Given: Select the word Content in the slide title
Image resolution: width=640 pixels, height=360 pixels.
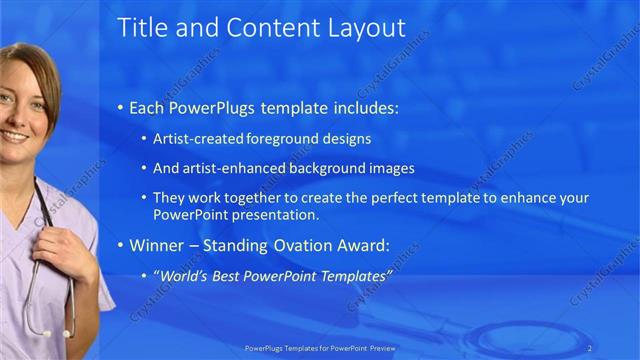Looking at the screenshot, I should pyautogui.click(x=269, y=28).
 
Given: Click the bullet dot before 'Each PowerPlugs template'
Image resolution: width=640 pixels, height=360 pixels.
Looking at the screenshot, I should pyautogui.click(x=121, y=107).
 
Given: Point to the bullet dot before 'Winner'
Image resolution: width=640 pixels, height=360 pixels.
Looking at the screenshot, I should pyautogui.click(x=121, y=245).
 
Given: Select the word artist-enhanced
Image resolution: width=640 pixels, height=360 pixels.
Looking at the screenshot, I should pyautogui.click(x=231, y=168).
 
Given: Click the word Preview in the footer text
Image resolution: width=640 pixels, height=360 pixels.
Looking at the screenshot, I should pyautogui.click(x=380, y=349).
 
